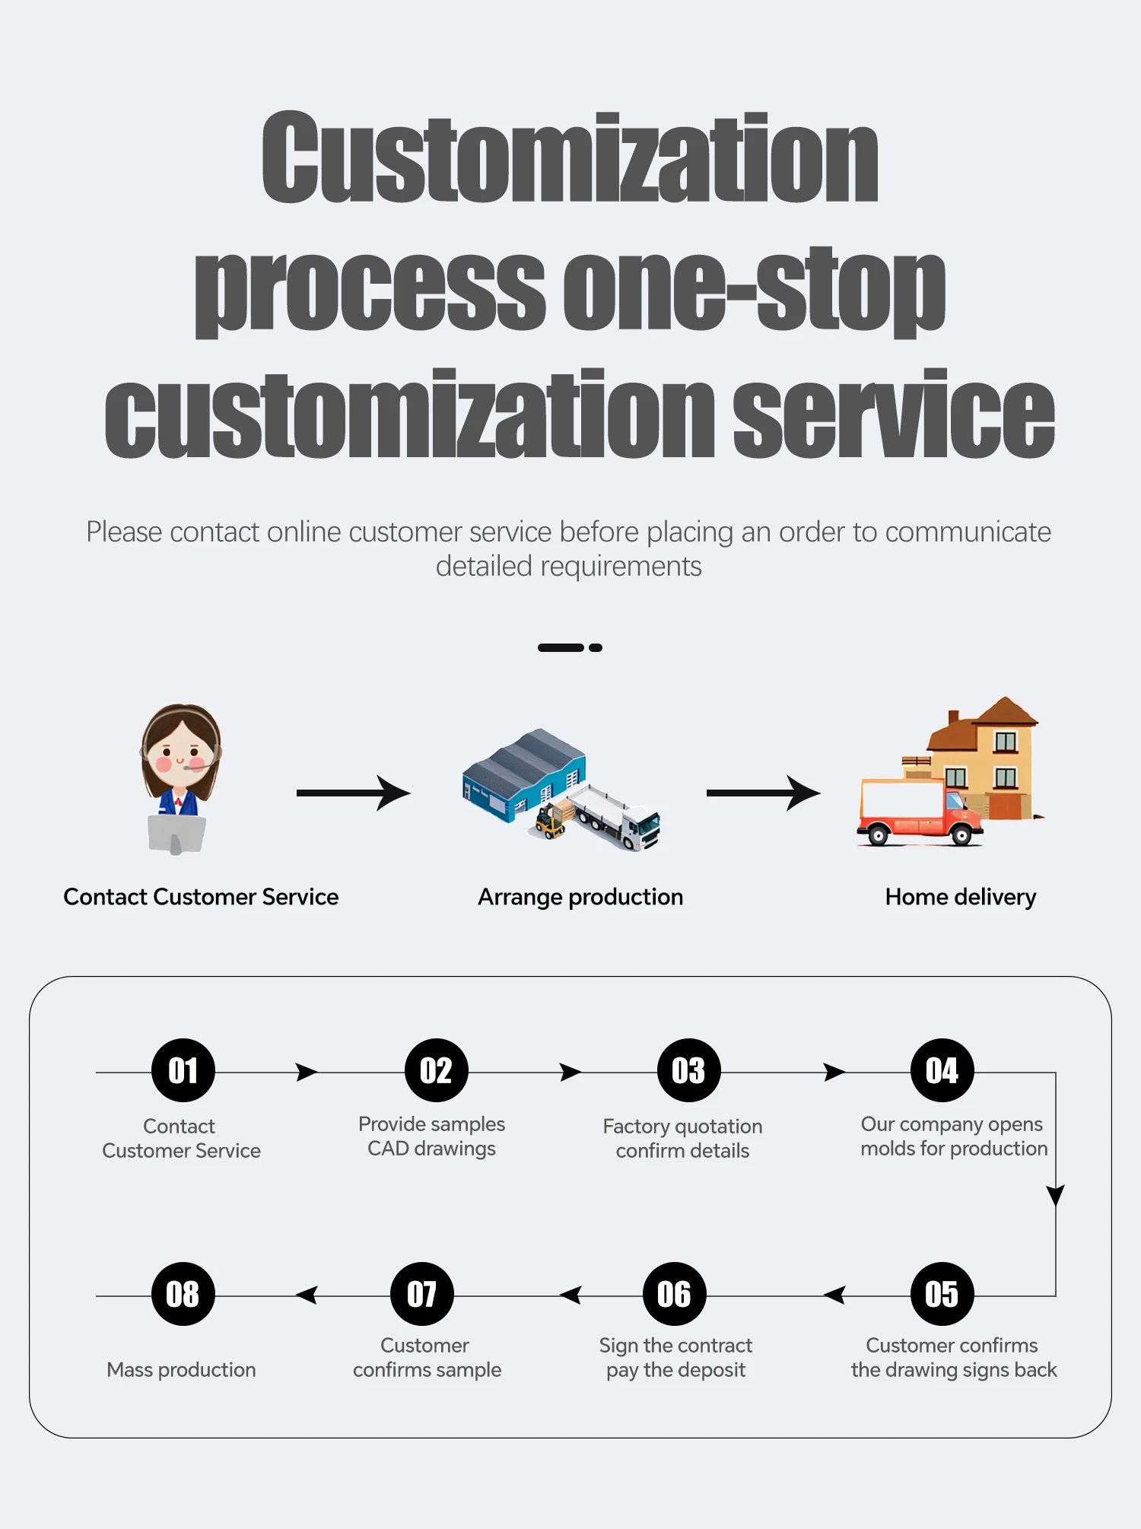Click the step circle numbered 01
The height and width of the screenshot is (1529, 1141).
point(183,1070)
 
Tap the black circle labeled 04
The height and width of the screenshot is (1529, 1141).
point(942,1070)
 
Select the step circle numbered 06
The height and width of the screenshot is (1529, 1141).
point(674,1294)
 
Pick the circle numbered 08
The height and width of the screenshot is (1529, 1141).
point(183,1294)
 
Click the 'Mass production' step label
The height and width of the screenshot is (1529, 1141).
point(181,1369)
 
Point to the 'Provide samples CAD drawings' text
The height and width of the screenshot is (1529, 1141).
point(431,1136)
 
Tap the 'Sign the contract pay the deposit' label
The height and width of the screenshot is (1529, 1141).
point(675,1357)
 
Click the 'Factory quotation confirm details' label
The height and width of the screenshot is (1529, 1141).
point(682,1138)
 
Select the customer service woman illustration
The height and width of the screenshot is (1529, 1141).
point(180,776)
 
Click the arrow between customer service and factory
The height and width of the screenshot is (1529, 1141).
point(354,793)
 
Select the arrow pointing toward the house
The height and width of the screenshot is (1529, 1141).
point(763,793)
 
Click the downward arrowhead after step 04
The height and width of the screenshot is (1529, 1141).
point(1055,1194)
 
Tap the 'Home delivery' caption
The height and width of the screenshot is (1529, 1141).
point(960,897)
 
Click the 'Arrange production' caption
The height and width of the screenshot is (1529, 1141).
point(580,897)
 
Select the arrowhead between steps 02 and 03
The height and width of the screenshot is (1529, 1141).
point(570,1072)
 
